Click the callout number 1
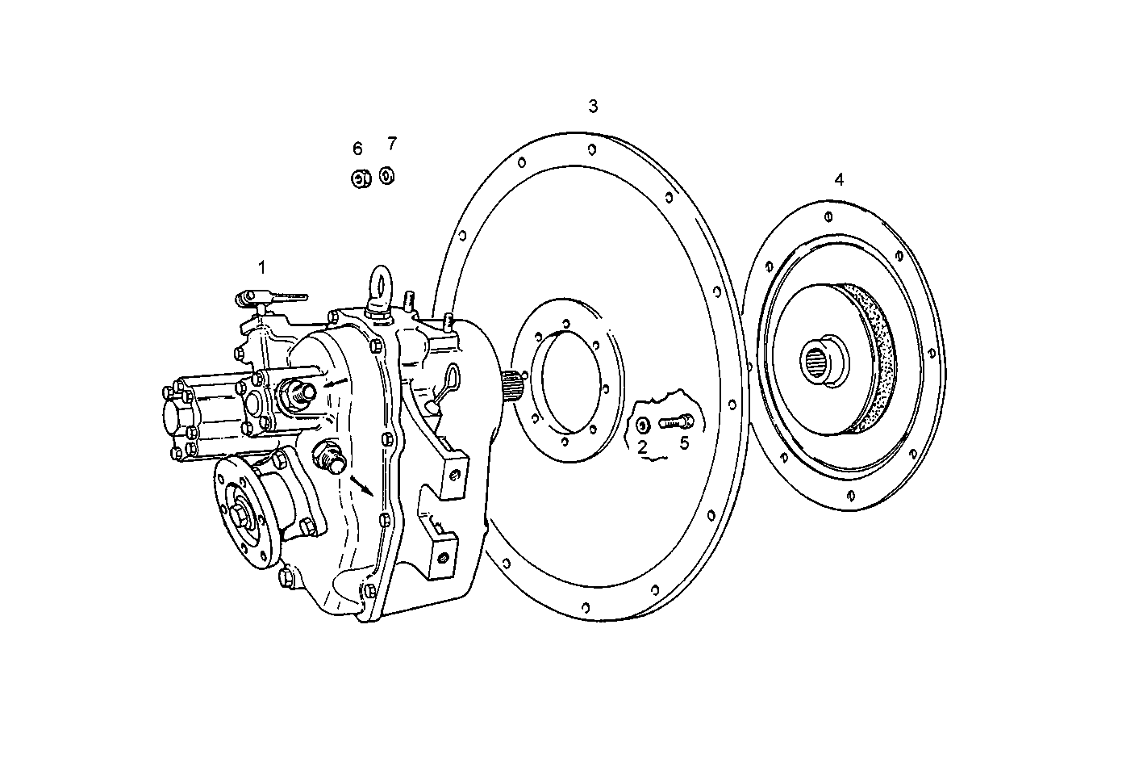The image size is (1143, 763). [x=261, y=266]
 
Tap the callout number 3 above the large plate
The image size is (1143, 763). [x=593, y=107]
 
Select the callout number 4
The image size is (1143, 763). [x=839, y=179]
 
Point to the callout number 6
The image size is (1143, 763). [x=357, y=149]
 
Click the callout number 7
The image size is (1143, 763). [x=392, y=144]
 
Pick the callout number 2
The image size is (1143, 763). [x=642, y=445]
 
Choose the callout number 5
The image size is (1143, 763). [x=684, y=442]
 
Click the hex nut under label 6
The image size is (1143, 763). [x=360, y=178]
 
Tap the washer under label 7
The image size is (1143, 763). [x=387, y=175]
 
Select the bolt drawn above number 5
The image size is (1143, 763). [x=676, y=421]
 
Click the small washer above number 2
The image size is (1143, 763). [x=642, y=425]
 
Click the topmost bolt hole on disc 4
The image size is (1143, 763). [x=829, y=216]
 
